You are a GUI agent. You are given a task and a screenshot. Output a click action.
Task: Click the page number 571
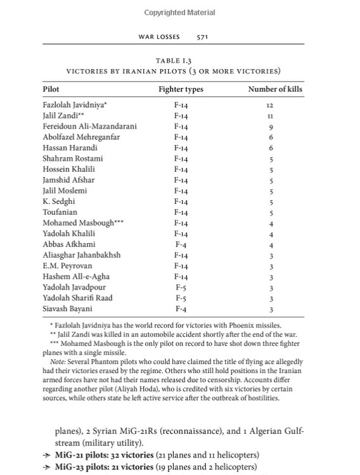(x=203, y=37)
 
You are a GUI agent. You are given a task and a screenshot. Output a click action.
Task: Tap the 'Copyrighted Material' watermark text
(x=179, y=13)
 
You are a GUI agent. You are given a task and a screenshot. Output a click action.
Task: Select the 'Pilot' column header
(x=51, y=89)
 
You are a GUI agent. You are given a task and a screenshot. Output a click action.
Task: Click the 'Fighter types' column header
(x=180, y=89)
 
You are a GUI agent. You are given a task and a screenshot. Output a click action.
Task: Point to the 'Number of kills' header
(x=275, y=89)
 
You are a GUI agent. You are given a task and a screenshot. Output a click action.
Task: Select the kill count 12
(x=271, y=105)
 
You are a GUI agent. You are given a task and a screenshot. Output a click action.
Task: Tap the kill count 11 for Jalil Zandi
(x=271, y=116)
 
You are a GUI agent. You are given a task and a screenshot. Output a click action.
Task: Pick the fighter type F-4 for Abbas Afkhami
(x=180, y=244)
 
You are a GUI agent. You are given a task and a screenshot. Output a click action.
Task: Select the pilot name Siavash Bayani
(x=67, y=309)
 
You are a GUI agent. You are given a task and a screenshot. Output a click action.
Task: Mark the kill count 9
(x=271, y=127)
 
